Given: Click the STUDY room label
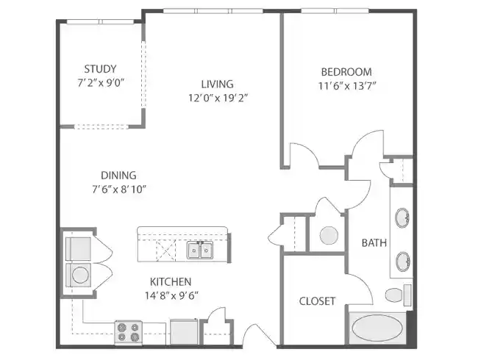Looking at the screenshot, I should pos(100,69).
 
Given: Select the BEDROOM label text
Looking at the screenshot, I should pos(346,72).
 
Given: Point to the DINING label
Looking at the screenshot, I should pos(118,175).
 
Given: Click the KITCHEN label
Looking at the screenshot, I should pos(171,281).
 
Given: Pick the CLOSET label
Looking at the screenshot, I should pos(317,301).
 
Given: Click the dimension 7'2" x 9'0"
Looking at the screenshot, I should pos(100,82).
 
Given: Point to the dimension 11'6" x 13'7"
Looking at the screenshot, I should pos(346,85).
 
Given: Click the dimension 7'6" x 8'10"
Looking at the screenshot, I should pos(118,189).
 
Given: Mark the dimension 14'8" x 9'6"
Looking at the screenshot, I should pos(171,295).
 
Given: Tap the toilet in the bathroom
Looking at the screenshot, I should pos(396,295).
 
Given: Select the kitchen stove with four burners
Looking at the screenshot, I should pos(128,332).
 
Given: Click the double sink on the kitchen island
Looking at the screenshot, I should pos(199,251).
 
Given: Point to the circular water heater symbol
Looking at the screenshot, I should pos(328,235).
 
